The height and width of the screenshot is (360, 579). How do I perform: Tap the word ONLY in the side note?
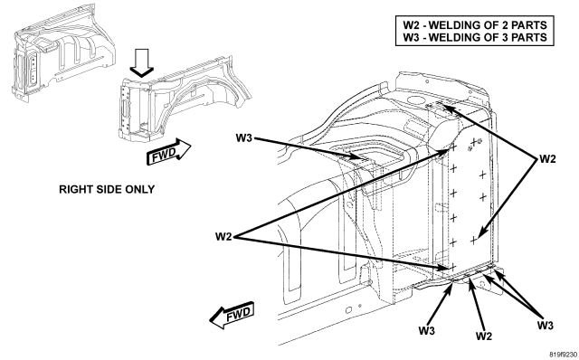click(x=140, y=189)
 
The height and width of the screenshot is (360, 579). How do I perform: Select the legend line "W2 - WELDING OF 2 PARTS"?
click(x=475, y=25)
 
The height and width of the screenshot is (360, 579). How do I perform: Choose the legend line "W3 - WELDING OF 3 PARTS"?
click(x=475, y=37)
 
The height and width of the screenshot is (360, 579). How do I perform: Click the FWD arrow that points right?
click(x=168, y=152)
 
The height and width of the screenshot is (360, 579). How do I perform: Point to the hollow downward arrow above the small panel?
click(x=141, y=63)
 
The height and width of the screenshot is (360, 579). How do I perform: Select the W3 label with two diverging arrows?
click(x=545, y=326)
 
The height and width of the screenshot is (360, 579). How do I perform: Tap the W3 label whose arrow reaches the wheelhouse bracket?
click(x=244, y=138)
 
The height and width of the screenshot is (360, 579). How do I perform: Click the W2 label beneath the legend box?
click(x=547, y=159)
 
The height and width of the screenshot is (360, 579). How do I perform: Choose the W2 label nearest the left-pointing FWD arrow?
click(x=223, y=236)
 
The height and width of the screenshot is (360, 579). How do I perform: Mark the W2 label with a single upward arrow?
click(x=484, y=336)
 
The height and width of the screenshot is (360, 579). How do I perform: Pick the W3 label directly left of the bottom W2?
click(x=427, y=330)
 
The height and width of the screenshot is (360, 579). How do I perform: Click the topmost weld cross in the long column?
click(x=453, y=147)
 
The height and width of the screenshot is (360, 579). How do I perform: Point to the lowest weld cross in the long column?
click(x=453, y=267)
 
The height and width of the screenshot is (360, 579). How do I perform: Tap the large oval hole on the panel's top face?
click(x=417, y=99)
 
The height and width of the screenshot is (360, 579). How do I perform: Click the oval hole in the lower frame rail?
click(x=348, y=309)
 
